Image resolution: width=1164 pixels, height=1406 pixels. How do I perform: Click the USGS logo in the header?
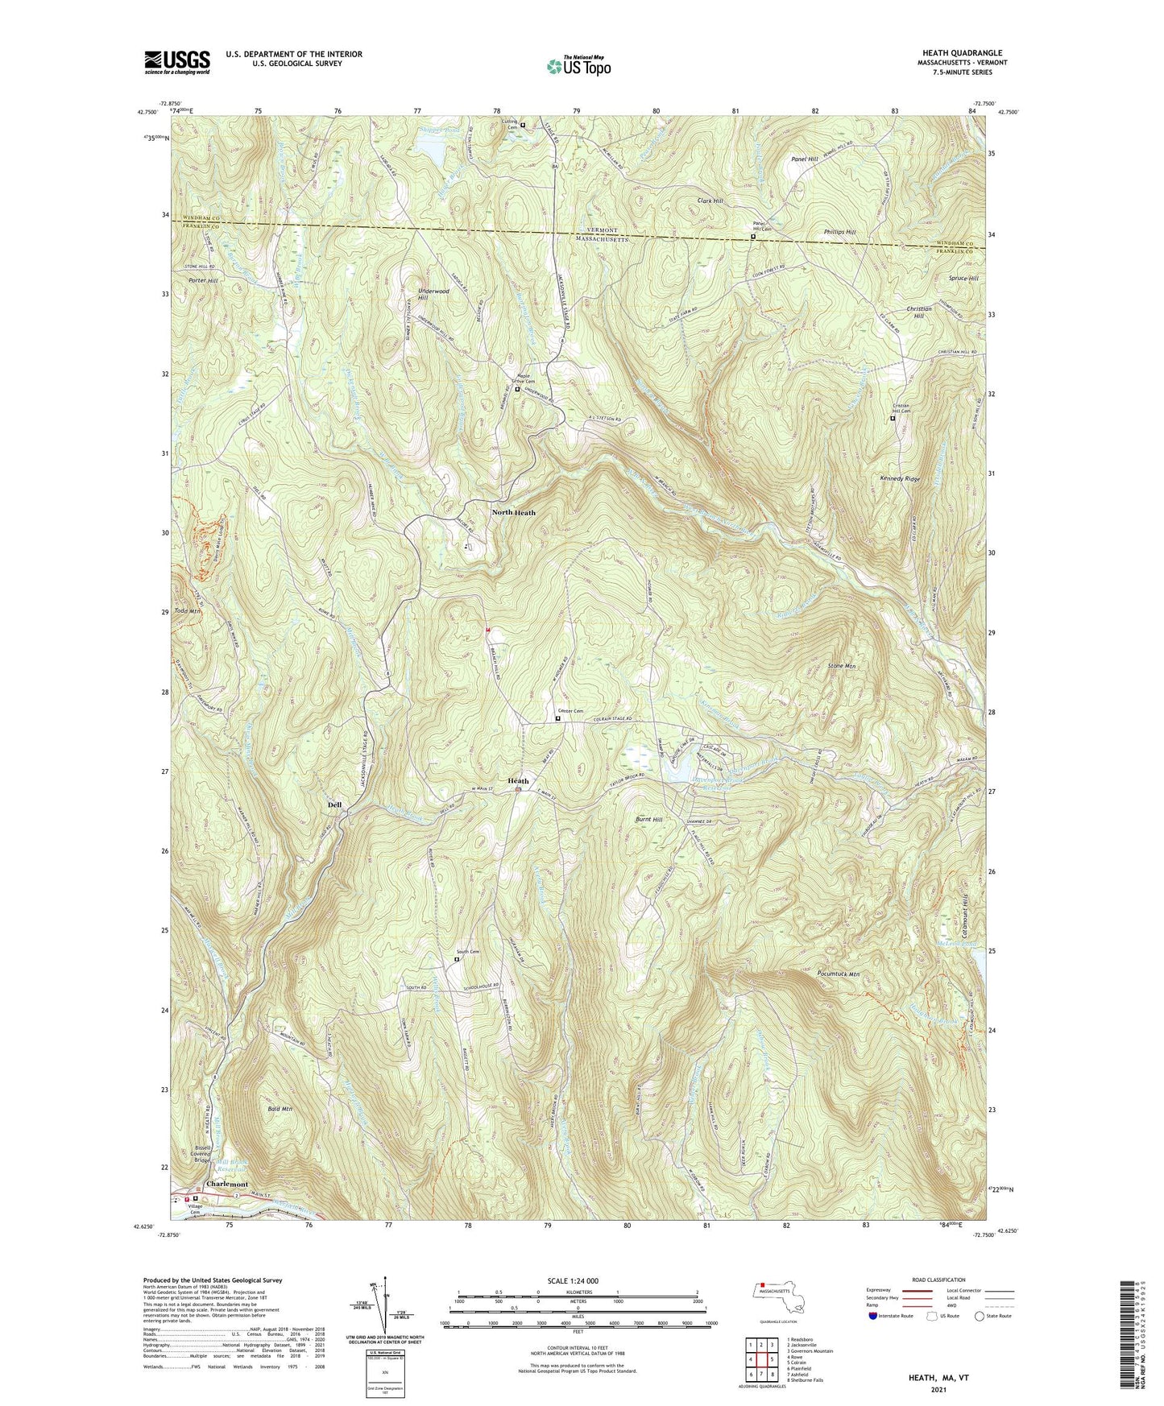(x=177, y=62)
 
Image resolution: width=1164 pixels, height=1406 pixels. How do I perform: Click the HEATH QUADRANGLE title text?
(x=963, y=53)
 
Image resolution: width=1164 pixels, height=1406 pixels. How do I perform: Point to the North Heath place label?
(x=513, y=512)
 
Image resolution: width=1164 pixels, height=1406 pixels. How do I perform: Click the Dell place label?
(x=334, y=804)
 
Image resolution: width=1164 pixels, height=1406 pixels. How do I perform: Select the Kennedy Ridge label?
(x=900, y=478)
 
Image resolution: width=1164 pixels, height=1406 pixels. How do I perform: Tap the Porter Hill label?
(x=203, y=280)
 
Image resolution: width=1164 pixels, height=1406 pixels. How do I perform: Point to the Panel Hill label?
(x=803, y=159)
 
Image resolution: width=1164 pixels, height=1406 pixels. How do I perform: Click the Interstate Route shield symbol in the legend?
(x=874, y=1316)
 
